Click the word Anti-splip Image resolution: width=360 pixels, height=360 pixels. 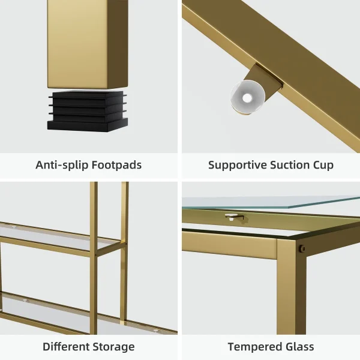[62, 165]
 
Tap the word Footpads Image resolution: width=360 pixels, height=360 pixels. [116, 164]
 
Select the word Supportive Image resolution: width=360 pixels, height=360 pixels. [237, 166]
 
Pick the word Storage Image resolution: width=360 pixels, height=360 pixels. [112, 347]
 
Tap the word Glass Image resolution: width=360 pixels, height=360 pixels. [298, 346]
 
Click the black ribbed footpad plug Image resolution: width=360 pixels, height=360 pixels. [88, 111]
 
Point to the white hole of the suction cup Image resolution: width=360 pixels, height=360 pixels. [247, 98]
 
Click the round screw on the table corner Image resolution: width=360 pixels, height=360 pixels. [302, 248]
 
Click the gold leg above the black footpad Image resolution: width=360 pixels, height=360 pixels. [88, 44]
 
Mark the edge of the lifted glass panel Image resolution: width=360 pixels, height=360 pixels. [271, 202]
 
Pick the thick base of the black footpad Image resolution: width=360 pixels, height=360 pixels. [88, 125]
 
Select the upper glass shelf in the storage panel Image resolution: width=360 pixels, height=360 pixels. [60, 236]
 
